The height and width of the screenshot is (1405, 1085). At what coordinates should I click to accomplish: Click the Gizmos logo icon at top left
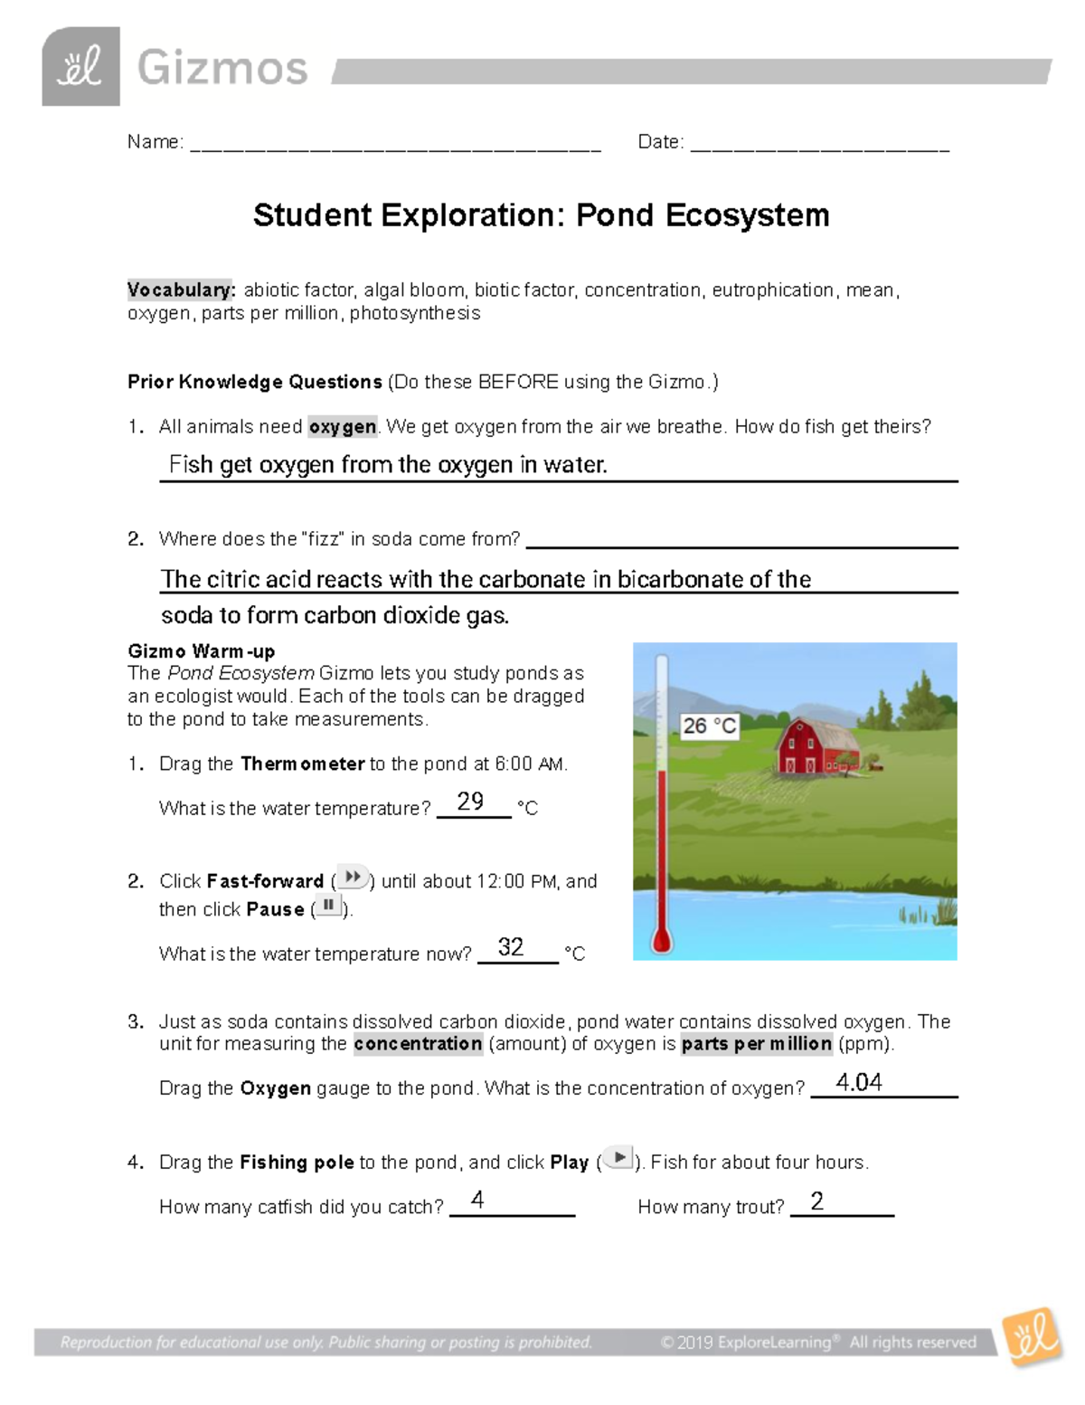point(80,67)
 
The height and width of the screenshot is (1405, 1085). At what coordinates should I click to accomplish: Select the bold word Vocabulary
point(181,290)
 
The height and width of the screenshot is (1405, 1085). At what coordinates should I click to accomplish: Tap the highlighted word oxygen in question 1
point(343,427)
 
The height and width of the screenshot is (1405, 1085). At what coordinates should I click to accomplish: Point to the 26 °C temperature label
point(710,726)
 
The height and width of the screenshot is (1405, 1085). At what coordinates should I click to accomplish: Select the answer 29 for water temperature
point(470,801)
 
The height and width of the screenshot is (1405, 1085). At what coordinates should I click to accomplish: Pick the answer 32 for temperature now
point(511,946)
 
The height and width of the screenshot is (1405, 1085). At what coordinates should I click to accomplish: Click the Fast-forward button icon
point(353,878)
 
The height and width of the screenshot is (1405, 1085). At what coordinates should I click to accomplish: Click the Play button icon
point(619,1158)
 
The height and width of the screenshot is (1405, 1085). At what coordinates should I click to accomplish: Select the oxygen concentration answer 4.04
point(859,1082)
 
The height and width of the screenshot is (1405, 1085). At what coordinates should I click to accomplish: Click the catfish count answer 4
point(477,1200)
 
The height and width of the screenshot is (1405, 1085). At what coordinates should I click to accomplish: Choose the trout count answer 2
point(816,1201)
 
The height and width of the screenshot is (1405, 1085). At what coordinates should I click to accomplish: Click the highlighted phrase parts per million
point(756,1044)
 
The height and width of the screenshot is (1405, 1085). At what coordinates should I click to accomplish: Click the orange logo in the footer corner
point(1032,1337)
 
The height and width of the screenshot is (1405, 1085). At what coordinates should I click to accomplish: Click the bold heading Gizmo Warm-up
point(202,651)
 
